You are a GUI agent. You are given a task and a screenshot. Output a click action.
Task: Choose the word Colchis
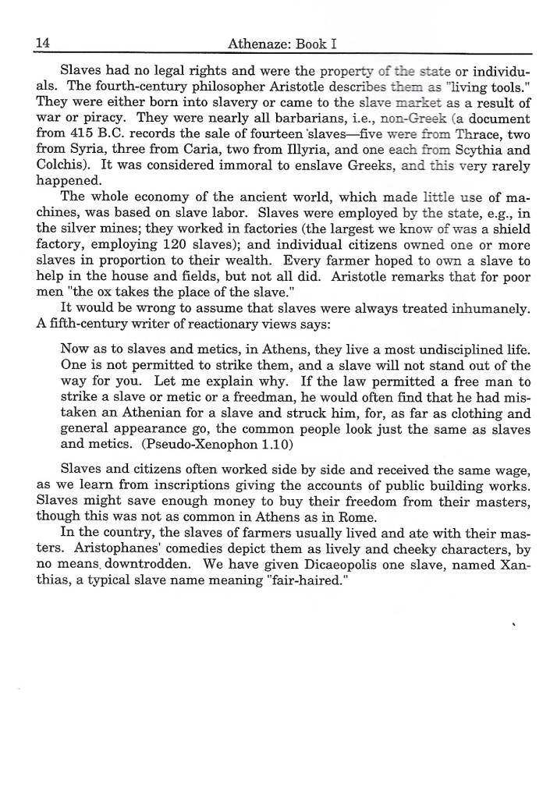tap(59, 170)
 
